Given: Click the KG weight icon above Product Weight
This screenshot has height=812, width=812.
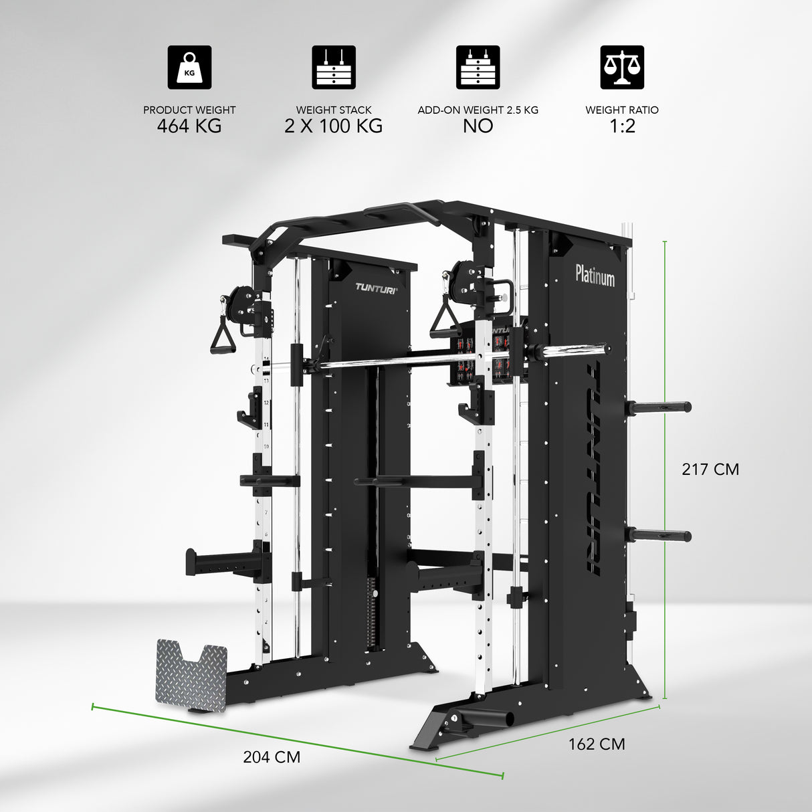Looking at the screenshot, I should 189,68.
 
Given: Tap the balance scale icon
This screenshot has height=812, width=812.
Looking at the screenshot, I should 621,68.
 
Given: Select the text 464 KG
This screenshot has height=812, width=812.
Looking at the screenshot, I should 189,126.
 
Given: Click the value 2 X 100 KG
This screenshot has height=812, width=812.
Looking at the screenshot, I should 333,126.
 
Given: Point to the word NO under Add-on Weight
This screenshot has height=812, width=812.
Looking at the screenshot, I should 478,126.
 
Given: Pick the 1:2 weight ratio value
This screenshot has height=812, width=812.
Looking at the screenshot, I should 621,126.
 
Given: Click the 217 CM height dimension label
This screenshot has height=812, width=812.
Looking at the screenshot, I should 710,469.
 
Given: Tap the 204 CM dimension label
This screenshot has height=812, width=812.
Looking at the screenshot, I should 272,756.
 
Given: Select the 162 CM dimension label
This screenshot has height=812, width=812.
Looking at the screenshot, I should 597,744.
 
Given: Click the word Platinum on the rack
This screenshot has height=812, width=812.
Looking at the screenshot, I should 595,274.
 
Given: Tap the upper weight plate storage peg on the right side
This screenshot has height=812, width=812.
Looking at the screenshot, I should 660,406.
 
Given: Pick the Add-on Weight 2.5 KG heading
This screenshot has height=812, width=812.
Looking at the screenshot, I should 478,110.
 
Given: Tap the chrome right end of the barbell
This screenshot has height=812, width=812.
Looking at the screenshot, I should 575,350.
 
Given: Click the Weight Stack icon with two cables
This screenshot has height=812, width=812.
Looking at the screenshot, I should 333,68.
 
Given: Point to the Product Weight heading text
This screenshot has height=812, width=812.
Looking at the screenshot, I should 189,110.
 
